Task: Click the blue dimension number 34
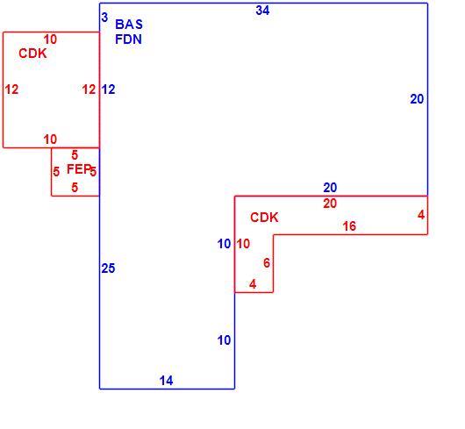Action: [262, 11]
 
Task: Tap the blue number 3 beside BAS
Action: [104, 18]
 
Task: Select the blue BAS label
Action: [129, 25]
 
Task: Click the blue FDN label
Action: [128, 39]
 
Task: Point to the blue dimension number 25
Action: [108, 268]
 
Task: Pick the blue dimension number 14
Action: [166, 381]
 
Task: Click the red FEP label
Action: [79, 169]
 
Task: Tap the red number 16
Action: [349, 226]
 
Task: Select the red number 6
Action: [267, 263]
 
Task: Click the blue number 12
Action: [108, 89]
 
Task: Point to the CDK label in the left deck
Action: [32, 54]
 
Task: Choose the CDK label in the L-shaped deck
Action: [264, 218]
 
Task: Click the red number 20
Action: [330, 204]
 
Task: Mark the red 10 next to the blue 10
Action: [243, 244]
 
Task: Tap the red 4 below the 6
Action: [253, 284]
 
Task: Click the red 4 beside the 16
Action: [421, 215]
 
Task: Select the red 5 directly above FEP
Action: [75, 155]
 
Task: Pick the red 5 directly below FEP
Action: [75, 188]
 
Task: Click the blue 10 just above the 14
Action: [224, 340]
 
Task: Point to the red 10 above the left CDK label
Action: [50, 39]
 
